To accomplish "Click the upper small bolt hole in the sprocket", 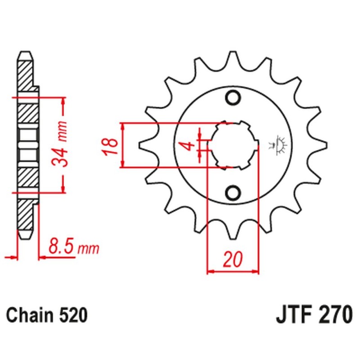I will tap(234, 97).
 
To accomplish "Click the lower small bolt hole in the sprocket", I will tap(234, 193).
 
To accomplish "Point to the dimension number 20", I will tap(233, 260).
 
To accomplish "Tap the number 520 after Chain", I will tap(72, 315).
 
